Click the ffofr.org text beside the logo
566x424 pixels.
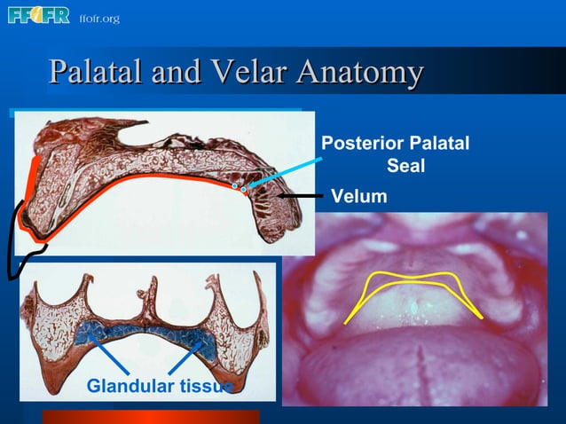click(x=98, y=19)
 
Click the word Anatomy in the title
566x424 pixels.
click(x=358, y=72)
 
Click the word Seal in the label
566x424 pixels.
click(x=406, y=166)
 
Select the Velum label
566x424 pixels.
click(x=359, y=196)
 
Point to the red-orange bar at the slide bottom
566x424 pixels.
click(x=151, y=417)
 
